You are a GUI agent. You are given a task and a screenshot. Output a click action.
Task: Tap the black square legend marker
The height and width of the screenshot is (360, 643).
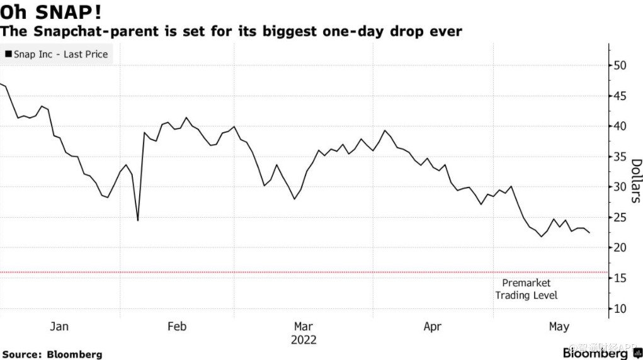point(8,54)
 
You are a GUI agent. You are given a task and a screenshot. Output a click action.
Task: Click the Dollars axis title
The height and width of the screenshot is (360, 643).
point(635,181)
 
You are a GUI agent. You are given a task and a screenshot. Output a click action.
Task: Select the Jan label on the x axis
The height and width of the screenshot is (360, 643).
point(59,326)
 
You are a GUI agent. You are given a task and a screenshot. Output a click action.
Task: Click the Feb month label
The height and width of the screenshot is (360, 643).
point(177,326)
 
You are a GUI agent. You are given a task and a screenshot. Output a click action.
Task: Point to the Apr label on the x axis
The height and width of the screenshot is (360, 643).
point(433,326)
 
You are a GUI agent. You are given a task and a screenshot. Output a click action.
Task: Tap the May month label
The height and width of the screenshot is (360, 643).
point(559,326)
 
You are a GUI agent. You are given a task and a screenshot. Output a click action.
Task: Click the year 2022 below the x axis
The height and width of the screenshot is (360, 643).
point(304,340)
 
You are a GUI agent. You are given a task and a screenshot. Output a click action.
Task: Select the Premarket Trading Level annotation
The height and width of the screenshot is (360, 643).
point(526,289)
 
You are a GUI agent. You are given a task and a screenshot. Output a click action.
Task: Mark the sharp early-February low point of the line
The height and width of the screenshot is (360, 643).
point(137,220)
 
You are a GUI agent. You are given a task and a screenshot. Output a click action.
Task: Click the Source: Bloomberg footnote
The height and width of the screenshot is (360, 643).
point(52,354)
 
